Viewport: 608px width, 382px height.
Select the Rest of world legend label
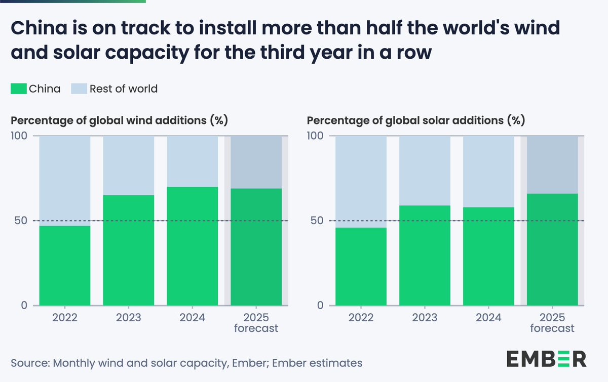123,89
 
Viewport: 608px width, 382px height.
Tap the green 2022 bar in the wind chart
65,266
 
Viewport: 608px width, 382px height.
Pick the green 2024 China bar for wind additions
192,246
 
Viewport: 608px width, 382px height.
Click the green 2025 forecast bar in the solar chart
552,249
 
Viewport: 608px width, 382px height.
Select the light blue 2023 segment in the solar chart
425,171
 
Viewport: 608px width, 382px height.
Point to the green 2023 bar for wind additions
129,250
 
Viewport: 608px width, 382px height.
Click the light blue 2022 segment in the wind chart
65,181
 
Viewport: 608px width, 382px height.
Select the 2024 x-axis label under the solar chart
488,318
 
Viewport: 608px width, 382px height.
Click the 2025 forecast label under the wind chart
256,323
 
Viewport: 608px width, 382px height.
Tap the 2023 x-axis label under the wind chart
129,318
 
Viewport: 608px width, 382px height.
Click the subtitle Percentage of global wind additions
120,121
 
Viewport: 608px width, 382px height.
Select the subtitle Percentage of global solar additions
416,121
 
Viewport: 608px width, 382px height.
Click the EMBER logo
546,358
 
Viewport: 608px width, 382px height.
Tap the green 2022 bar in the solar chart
361,267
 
